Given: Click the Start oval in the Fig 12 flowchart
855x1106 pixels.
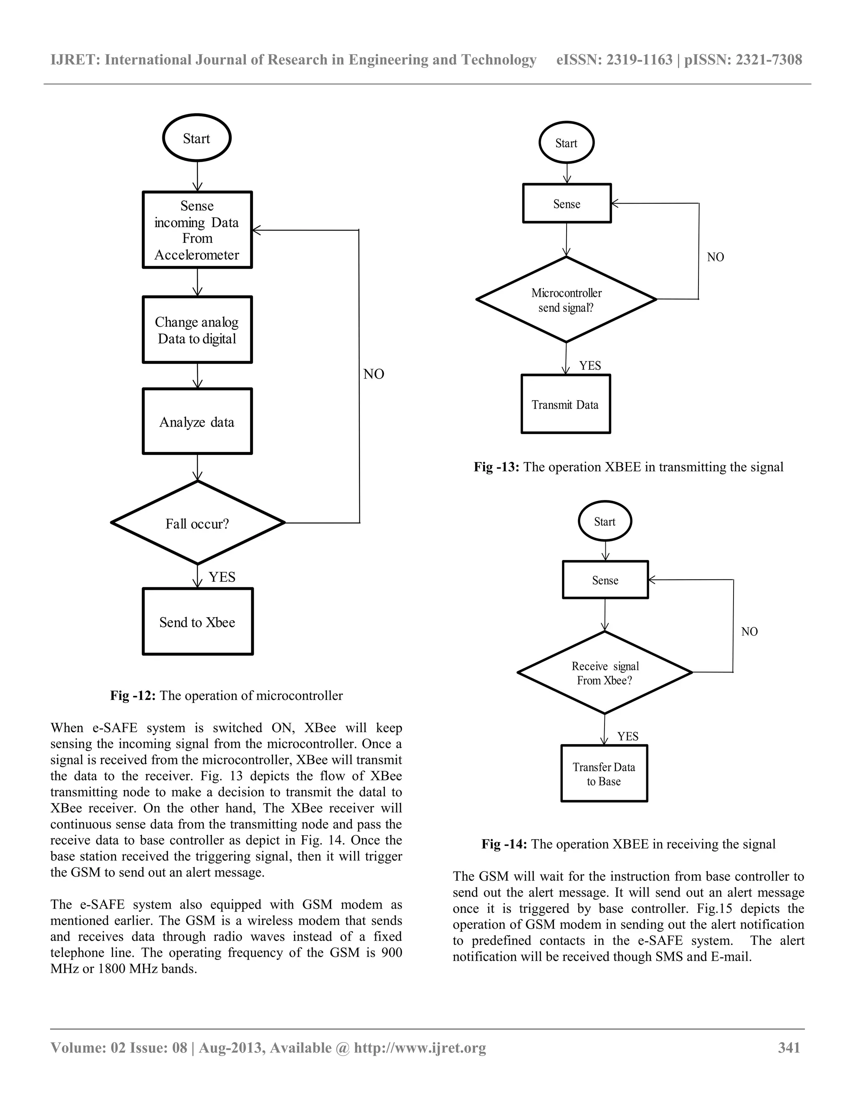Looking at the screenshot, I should point(197,138).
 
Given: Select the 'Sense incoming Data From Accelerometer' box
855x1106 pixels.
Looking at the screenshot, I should point(197,230).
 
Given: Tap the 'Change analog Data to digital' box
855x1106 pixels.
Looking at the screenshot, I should point(197,330).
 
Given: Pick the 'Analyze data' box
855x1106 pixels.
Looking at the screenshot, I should point(197,422).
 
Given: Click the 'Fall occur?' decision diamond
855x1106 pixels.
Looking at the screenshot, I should point(197,523).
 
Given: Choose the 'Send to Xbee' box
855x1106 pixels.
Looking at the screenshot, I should point(197,621).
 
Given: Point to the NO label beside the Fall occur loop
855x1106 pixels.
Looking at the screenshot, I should point(374,374).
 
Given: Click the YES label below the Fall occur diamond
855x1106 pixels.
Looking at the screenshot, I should point(222,577).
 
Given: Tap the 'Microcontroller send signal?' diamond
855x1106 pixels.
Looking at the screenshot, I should point(566,300).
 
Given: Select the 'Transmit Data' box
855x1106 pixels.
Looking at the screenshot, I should point(565,404).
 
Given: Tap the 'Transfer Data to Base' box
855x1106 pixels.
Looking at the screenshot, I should point(604,773).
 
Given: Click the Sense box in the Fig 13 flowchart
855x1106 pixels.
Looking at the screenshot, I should point(567,204).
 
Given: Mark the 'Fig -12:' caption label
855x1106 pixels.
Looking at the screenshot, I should point(133,695).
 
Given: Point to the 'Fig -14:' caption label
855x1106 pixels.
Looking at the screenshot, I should point(504,843).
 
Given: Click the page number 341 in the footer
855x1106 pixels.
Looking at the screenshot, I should point(789,1047).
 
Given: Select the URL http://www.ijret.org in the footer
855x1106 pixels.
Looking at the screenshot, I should point(420,1047).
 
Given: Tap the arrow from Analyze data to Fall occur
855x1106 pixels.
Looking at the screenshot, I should point(197,467).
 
